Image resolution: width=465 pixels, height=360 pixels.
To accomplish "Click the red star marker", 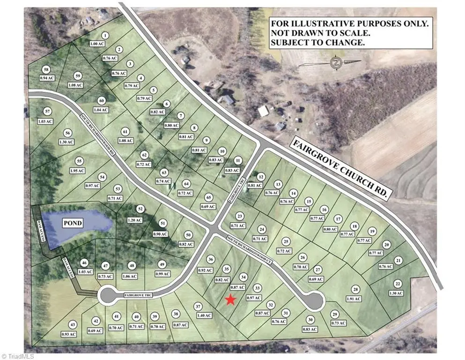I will tap(230, 300).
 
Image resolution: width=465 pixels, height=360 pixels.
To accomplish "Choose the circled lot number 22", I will tap(398, 284).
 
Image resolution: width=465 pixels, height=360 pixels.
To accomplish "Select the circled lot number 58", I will tap(45, 69).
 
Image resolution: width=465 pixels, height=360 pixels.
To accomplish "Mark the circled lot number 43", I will tap(73, 324).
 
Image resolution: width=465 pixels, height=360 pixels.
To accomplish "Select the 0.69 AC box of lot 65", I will tap(209, 207).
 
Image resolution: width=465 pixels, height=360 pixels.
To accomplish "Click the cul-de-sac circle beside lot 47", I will tap(108, 296).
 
